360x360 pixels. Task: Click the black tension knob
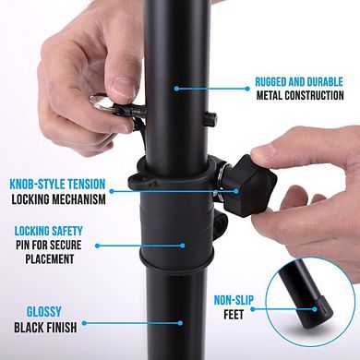pos(251,174)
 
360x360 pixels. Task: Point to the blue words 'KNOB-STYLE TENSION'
pos(57,184)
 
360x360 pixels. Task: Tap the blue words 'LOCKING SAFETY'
pos(49,230)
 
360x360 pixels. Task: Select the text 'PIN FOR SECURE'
pos(48,245)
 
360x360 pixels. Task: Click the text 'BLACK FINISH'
pos(51,326)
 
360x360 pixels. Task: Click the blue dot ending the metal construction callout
pos(174,89)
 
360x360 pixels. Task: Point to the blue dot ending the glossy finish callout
pos(181,322)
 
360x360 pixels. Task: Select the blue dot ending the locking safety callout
pos(182,245)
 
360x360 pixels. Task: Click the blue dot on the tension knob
pos(237,191)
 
